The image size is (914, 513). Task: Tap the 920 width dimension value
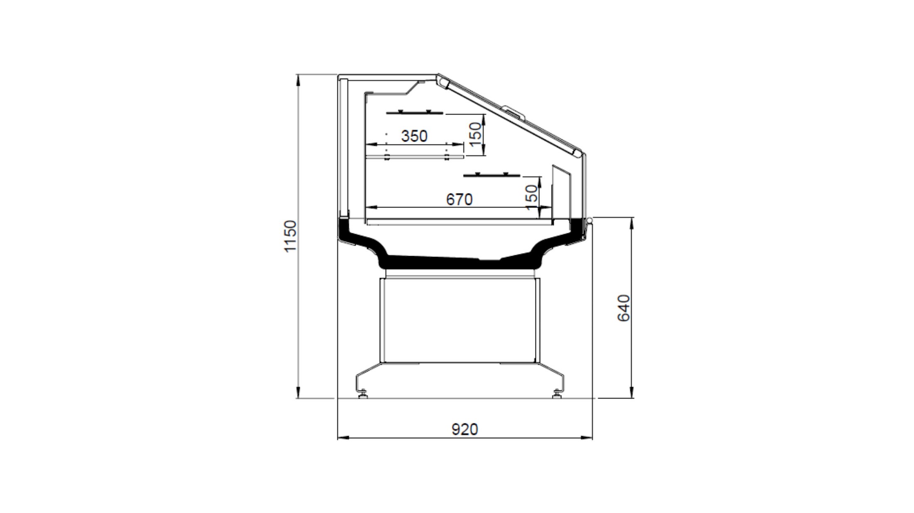465,430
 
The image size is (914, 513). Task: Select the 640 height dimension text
624,308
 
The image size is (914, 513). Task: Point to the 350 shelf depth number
414,136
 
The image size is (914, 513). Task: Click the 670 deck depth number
459,200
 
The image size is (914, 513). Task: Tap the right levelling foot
557,393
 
